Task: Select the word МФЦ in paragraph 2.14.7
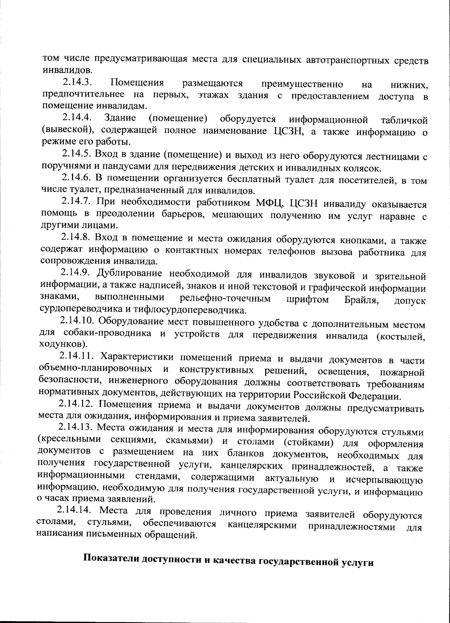click(x=272, y=203)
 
